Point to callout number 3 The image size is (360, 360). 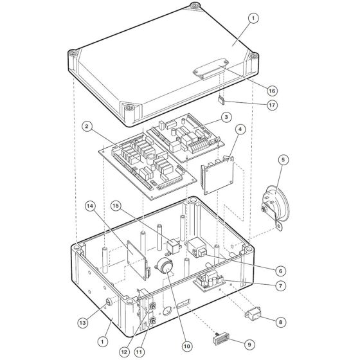[226, 116]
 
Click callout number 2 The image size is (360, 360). [85, 126]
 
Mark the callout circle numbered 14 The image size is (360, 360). [91, 205]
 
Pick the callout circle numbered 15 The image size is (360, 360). [116, 206]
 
